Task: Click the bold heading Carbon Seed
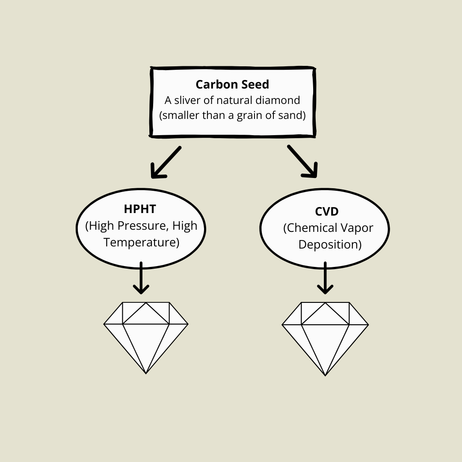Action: click(x=233, y=84)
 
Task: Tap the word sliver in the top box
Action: click(x=189, y=101)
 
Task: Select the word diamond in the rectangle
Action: click(x=281, y=101)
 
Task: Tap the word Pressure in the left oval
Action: click(x=145, y=225)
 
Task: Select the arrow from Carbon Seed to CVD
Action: click(x=302, y=161)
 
